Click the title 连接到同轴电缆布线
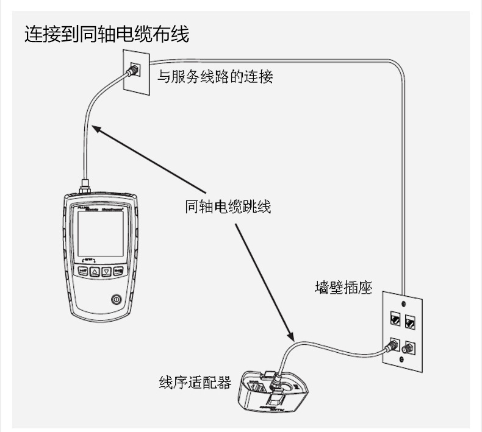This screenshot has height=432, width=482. click(x=106, y=34)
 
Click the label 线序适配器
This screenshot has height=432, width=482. click(x=195, y=383)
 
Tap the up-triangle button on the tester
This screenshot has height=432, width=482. click(x=95, y=272)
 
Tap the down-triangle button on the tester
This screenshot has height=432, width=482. click(x=106, y=272)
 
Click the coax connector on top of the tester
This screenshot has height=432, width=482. click(x=85, y=185)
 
